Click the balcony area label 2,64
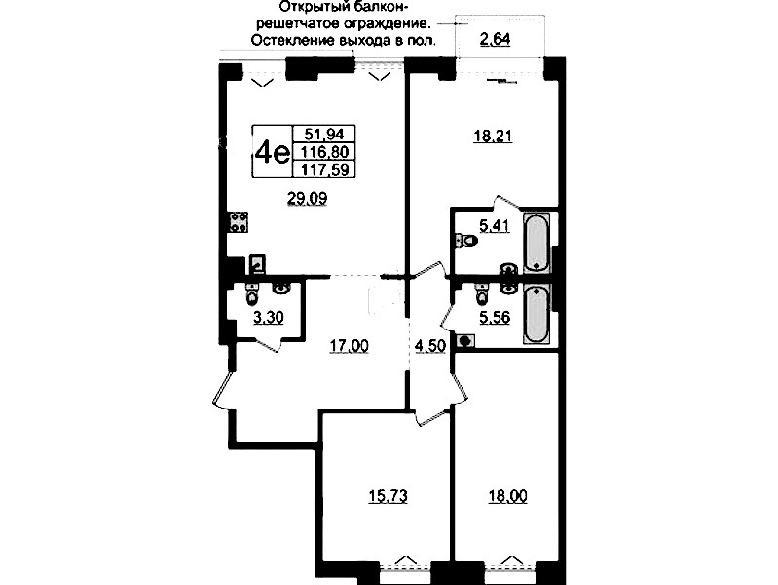click(495, 39)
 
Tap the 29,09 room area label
click(307, 199)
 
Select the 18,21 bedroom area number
click(492, 136)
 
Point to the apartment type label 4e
click(271, 152)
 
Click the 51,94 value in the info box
click(324, 134)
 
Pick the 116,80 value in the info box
click(325, 151)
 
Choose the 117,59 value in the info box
click(325, 170)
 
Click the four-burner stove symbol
click(239, 221)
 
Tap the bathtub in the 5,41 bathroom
click(537, 243)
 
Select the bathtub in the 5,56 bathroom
click(537, 314)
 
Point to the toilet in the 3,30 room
click(252, 294)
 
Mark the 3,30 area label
click(269, 318)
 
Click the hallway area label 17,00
click(350, 345)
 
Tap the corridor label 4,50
click(430, 346)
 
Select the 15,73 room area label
click(388, 496)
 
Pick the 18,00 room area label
click(507, 496)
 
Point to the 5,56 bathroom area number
click(495, 317)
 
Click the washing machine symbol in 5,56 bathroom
click(464, 341)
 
